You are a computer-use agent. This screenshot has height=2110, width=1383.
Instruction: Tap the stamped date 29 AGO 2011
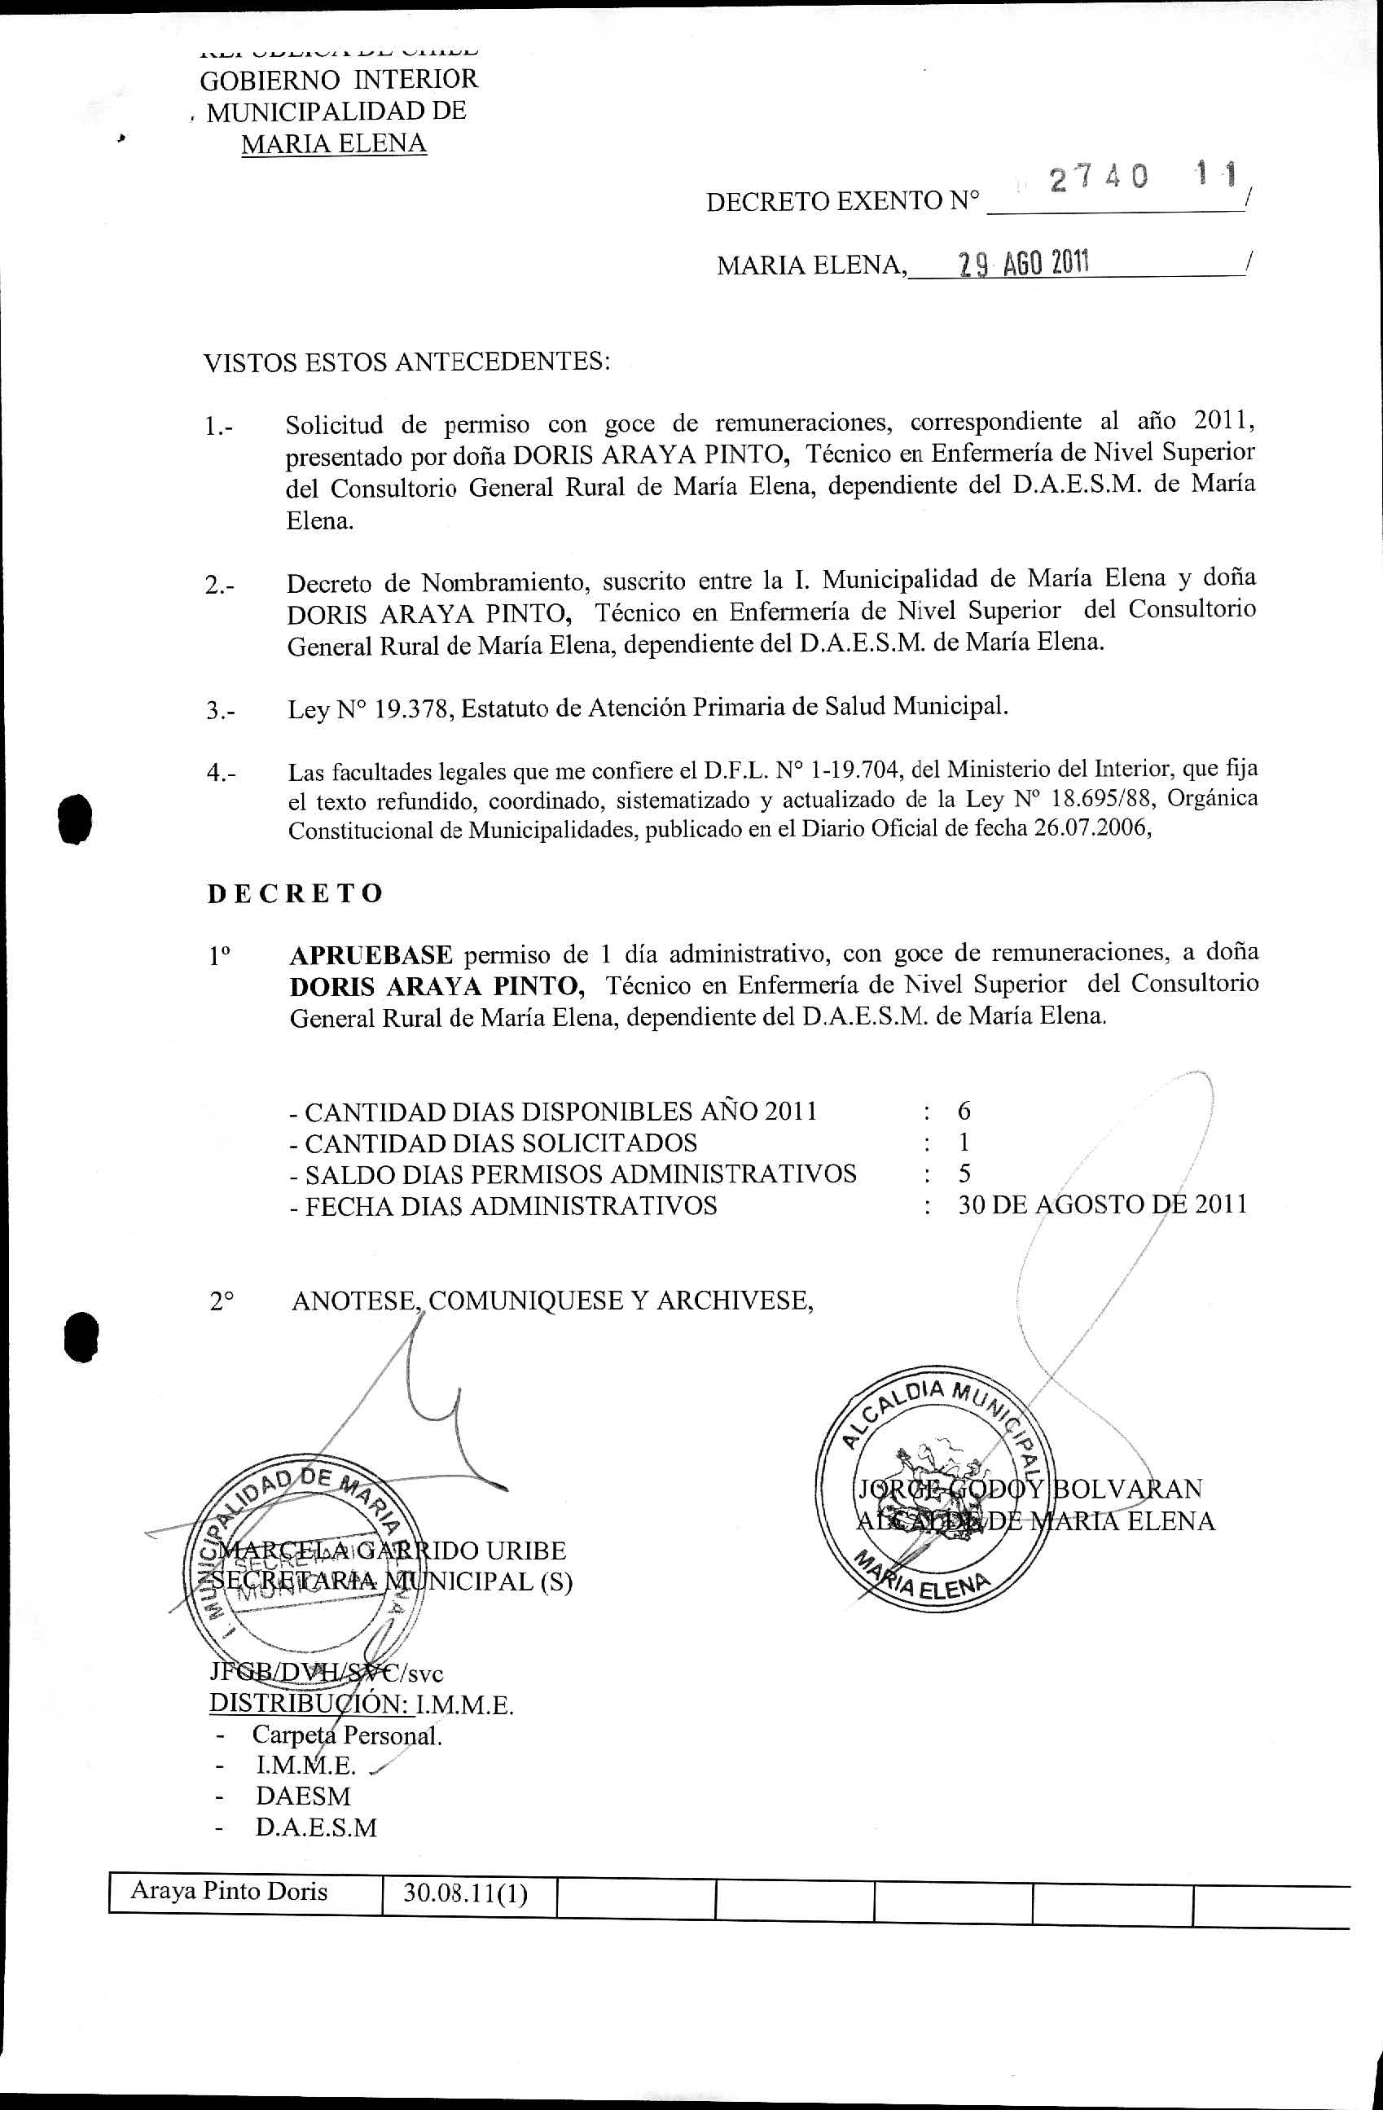[1024, 263]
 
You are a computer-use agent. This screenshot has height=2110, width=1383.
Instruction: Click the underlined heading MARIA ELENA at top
[333, 143]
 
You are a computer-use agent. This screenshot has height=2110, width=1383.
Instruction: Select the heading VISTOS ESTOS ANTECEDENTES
[407, 362]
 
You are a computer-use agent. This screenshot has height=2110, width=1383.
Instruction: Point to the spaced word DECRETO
[295, 893]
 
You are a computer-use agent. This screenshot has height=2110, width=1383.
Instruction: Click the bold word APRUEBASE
[371, 954]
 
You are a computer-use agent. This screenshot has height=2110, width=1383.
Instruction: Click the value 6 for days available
[964, 1111]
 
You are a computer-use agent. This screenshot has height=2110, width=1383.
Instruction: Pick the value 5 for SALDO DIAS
[964, 1173]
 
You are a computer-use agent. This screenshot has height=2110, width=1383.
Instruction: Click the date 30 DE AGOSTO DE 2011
[1102, 1204]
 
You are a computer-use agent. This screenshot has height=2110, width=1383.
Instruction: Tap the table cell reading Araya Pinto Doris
[229, 1891]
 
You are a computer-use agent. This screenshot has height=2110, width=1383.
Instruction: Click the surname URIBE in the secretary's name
[522, 1551]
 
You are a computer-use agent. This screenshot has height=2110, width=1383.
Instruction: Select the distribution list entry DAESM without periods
[303, 1796]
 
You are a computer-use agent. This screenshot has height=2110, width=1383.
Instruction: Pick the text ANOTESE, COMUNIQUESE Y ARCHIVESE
[551, 1301]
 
